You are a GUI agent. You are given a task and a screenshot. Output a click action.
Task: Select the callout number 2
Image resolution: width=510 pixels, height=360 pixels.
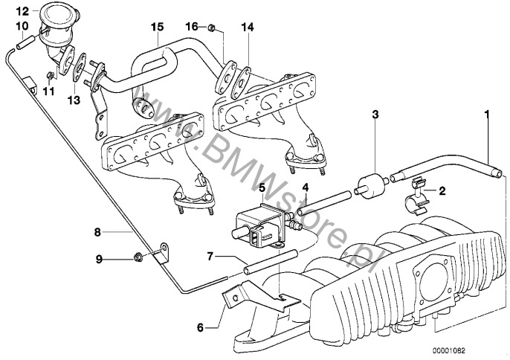point(442,191)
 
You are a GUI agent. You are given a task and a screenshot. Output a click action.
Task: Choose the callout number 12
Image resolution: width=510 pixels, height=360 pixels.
point(22,11)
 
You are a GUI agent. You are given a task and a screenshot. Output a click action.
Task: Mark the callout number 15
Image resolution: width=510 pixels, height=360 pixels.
point(156,27)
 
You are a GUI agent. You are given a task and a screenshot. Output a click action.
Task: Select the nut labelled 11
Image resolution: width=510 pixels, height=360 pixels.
point(50,76)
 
